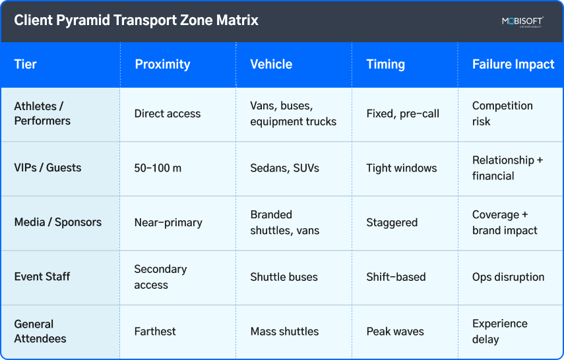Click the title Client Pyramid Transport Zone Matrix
(x=137, y=20)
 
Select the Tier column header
(x=26, y=65)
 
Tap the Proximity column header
(x=162, y=65)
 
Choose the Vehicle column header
(x=271, y=65)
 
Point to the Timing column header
(x=386, y=65)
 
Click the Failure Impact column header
(x=513, y=65)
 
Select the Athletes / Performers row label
(x=42, y=113)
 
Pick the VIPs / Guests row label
(x=47, y=168)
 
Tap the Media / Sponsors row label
(x=58, y=222)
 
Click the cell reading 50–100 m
(x=158, y=168)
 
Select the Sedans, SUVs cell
(x=284, y=168)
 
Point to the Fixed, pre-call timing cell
(x=402, y=113)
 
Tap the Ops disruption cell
(x=508, y=277)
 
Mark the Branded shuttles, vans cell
(x=284, y=222)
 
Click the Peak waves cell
(x=395, y=332)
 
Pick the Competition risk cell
(x=502, y=113)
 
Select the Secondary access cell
(x=160, y=277)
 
